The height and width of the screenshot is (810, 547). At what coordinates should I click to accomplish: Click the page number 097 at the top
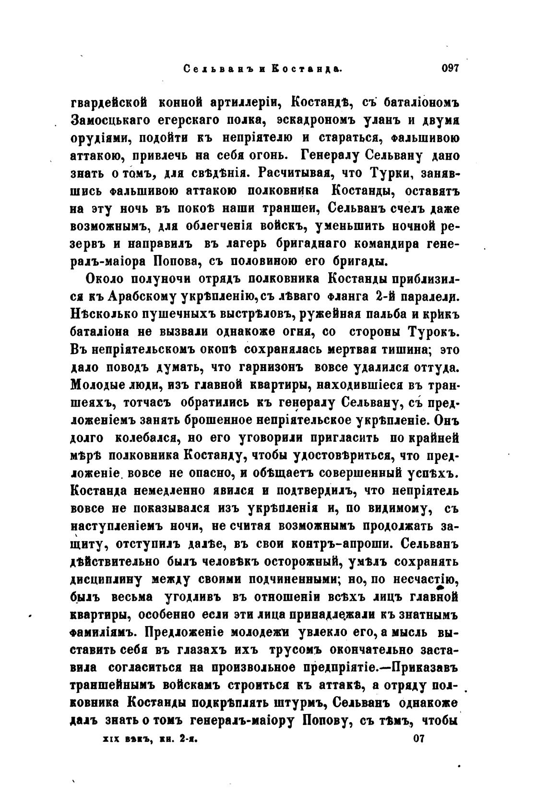pyautogui.click(x=450, y=69)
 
